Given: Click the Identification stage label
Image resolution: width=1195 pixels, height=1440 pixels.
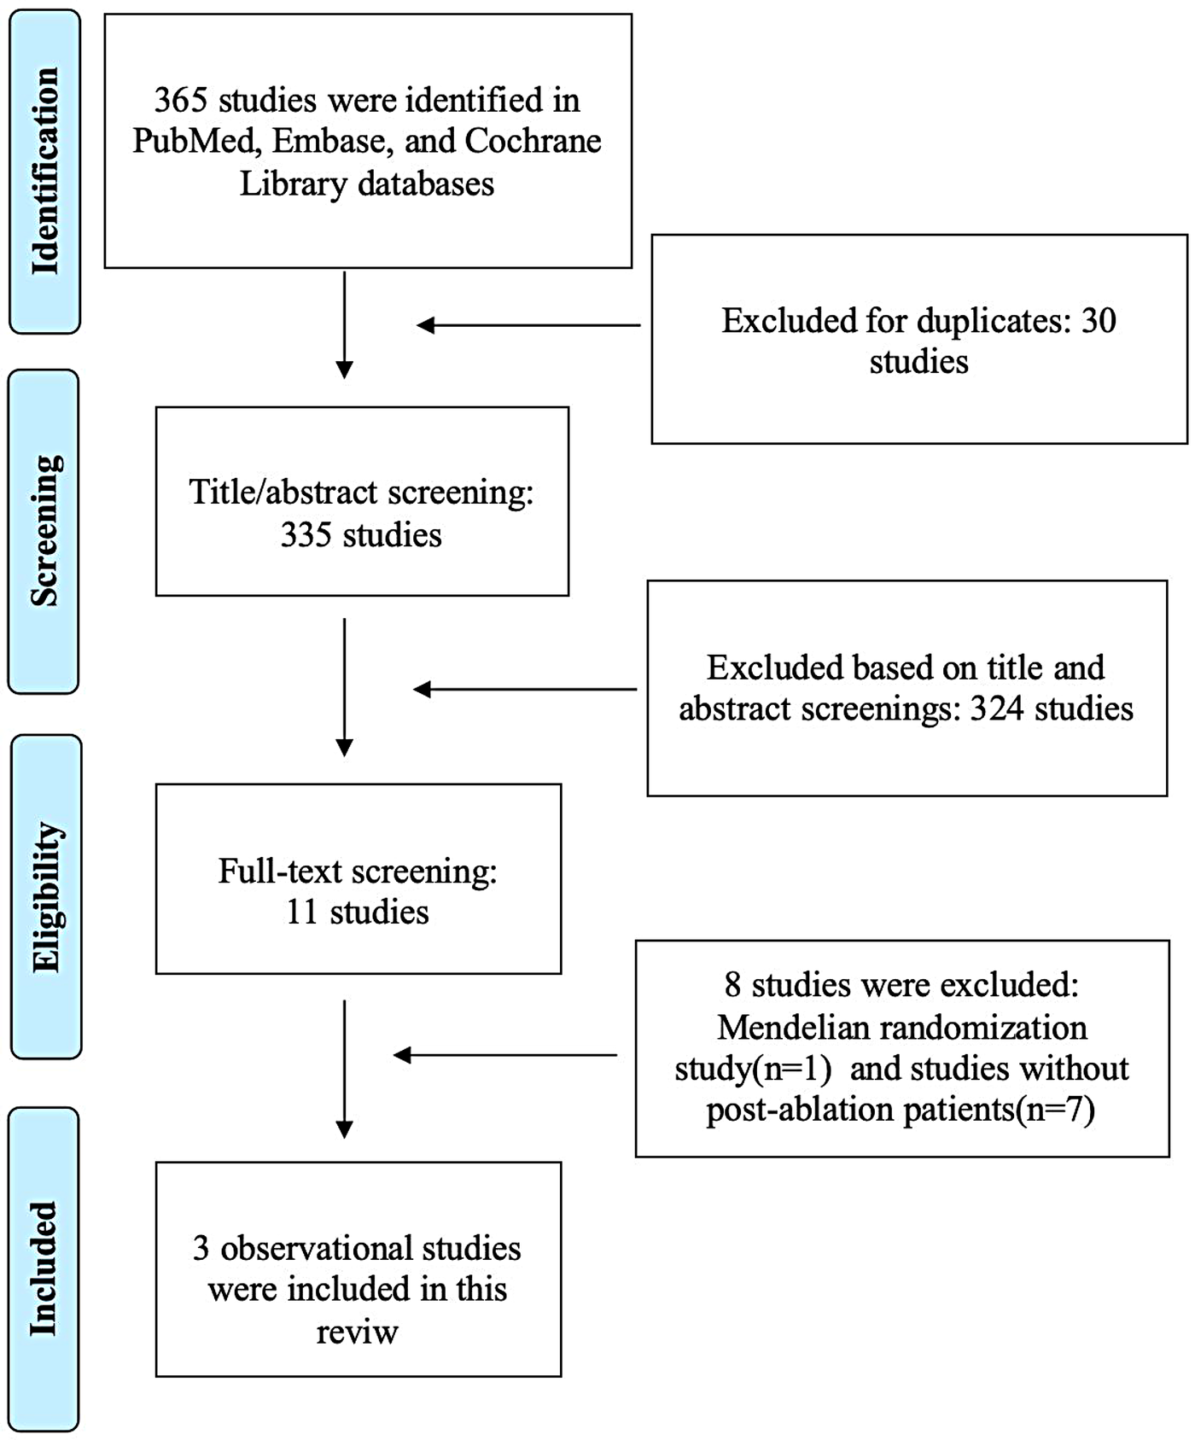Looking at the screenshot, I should [44, 171].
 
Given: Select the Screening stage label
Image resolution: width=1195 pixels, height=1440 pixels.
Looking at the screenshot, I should [44, 531].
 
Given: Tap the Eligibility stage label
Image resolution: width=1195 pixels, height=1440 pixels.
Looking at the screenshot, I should [46, 896].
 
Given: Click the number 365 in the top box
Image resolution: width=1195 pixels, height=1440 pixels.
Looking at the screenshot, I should [180, 101].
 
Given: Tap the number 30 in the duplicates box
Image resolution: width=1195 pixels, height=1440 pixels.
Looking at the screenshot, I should [1099, 321].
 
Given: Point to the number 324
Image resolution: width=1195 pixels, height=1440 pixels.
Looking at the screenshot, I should [996, 709].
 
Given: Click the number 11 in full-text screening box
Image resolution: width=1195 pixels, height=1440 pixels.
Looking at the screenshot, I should [301, 913].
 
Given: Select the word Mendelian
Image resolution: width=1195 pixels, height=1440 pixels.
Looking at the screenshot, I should [783, 1028].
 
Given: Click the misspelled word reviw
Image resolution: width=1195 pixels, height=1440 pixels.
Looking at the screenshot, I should [357, 1332].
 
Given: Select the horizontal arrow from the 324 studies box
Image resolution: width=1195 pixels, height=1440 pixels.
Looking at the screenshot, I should [524, 690].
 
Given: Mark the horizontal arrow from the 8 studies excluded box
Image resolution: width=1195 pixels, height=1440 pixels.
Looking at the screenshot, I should [504, 1056].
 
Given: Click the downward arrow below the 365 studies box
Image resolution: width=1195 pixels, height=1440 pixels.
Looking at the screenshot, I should [344, 325].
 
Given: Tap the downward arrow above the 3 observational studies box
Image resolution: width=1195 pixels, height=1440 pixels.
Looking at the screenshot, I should [344, 1069].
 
